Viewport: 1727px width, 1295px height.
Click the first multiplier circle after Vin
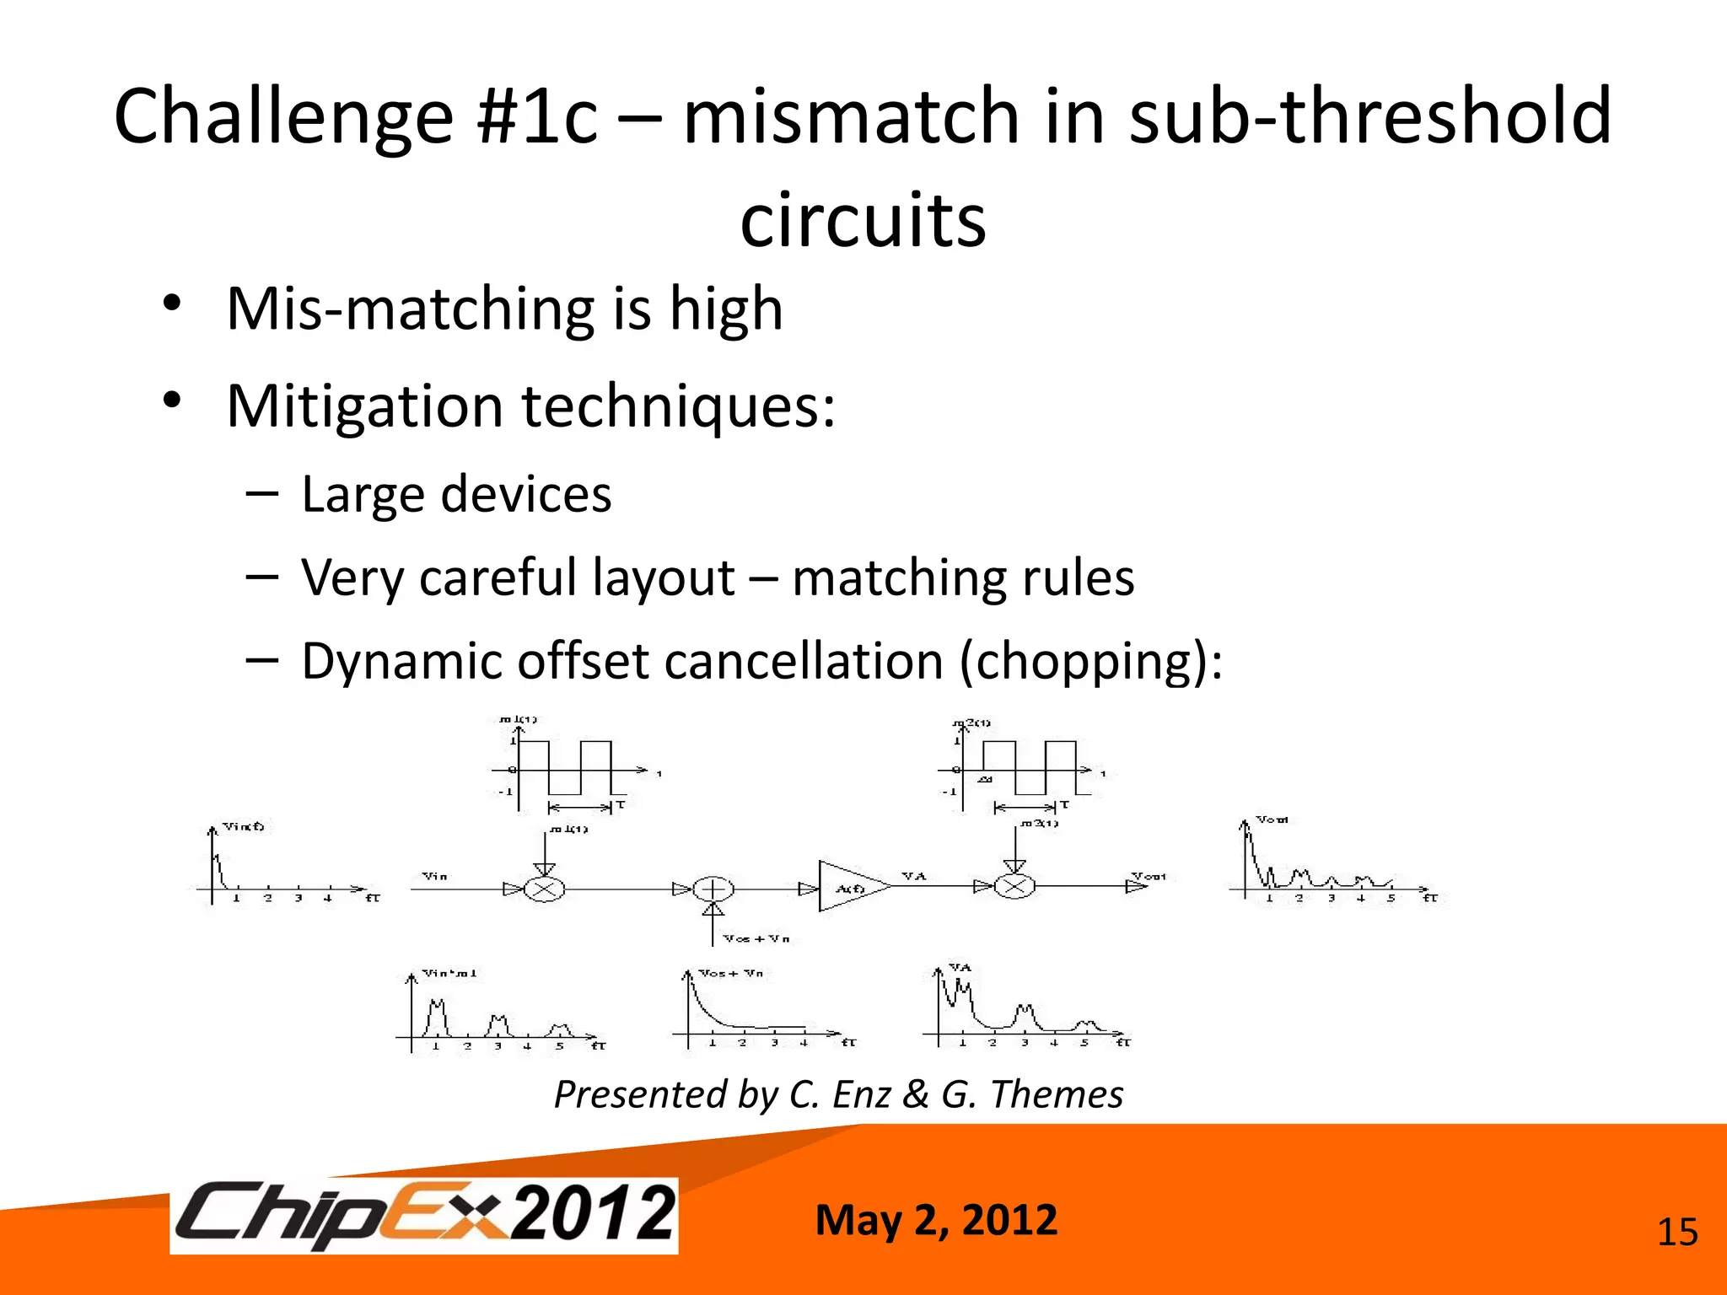(545, 889)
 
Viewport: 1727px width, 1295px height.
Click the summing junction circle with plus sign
(713, 889)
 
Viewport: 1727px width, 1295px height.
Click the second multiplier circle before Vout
(1014, 886)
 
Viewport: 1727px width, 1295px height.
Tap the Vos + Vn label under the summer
(756, 938)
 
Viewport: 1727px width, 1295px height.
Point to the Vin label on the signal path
(434, 876)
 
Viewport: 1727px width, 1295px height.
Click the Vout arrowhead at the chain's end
(1135, 886)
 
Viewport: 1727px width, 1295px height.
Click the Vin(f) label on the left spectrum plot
(243, 826)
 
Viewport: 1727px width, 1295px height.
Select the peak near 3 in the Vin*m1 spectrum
(498, 1024)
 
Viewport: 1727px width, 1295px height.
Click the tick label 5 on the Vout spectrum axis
(1391, 899)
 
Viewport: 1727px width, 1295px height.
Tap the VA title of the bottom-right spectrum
(960, 967)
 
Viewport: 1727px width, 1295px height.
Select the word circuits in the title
(863, 219)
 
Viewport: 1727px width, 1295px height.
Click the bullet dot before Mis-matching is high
(173, 304)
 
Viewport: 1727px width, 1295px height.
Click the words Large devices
(456, 494)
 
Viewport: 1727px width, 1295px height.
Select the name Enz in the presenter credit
(860, 1094)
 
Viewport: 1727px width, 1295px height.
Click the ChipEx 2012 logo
(424, 1215)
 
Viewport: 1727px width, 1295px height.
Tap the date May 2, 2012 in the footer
(936, 1220)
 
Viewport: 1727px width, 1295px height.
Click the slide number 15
(1676, 1233)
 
